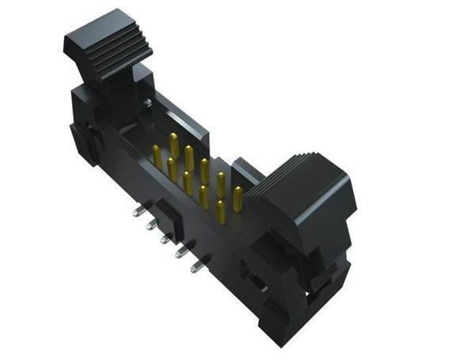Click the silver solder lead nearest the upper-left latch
click(x=139, y=211)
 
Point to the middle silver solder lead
click(x=165, y=238)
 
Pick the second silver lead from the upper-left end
click(x=151, y=225)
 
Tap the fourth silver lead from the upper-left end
click(x=181, y=252)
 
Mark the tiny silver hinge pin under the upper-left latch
click(x=148, y=104)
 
